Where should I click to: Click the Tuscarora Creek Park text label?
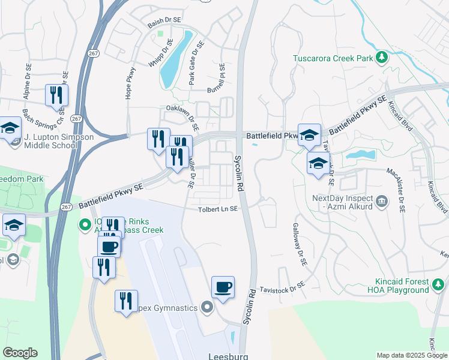pyautogui.click(x=333, y=59)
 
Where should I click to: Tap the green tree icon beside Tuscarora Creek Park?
pyautogui.click(x=381, y=58)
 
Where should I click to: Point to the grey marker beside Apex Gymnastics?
pyautogui.click(x=208, y=308)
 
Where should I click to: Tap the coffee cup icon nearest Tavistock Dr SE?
pyautogui.click(x=223, y=287)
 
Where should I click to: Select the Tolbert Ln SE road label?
pyautogui.click(x=219, y=209)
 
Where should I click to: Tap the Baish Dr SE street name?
pyautogui.click(x=164, y=20)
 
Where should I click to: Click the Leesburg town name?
pyautogui.click(x=228, y=355)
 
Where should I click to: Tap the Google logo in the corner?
pyautogui.click(x=20, y=353)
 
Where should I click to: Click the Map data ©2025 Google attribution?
pyautogui.click(x=411, y=355)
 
